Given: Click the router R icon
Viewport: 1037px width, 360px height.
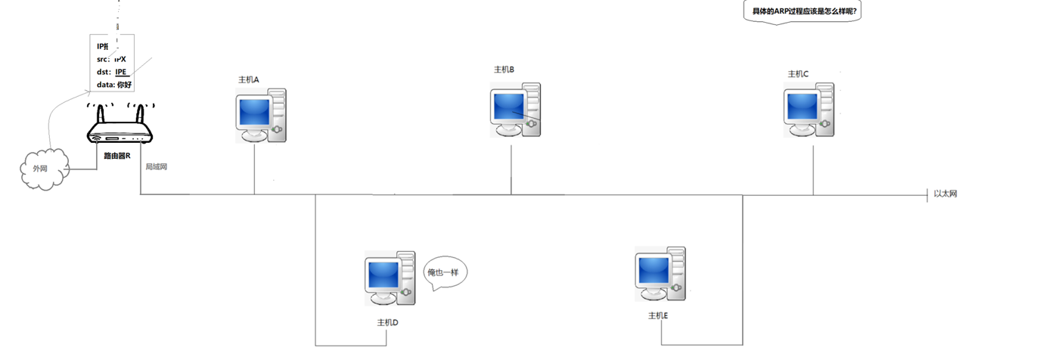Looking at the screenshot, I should click(x=120, y=133).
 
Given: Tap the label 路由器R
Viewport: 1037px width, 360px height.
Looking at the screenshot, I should click(x=117, y=156).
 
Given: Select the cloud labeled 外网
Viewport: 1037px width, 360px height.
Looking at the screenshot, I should click(x=42, y=167).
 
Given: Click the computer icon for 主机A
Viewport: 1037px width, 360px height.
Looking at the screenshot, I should click(x=259, y=115).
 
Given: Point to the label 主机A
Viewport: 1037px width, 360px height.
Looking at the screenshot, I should click(x=249, y=79).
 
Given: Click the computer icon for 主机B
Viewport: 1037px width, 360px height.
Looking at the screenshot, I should click(x=514, y=110).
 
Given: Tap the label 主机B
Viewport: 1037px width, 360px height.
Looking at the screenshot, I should click(x=504, y=70).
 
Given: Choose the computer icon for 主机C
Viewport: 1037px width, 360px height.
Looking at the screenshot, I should click(x=809, y=110).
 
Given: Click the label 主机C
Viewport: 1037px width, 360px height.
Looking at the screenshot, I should click(x=798, y=74).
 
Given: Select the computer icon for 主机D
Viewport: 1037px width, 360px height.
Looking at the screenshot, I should click(x=389, y=278).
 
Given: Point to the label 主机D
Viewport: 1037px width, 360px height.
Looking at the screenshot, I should click(x=387, y=322).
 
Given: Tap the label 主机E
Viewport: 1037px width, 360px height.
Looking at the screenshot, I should click(x=657, y=315).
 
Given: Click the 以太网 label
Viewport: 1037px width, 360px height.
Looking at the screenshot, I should click(x=945, y=194).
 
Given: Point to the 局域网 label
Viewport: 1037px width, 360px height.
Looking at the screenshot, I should click(x=156, y=166).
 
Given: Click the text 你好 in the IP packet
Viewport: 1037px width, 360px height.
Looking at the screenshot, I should click(x=125, y=85).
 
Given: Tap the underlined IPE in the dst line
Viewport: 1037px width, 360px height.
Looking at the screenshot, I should click(x=121, y=71).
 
